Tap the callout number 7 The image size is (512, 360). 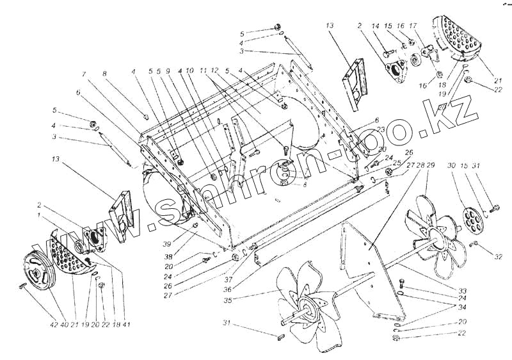tap(83, 74)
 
